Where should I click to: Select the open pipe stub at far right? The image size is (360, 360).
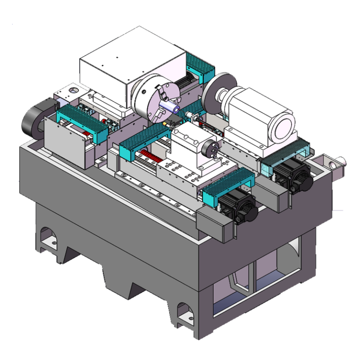(x=337, y=162)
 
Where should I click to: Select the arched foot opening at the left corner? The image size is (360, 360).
(x=48, y=237)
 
